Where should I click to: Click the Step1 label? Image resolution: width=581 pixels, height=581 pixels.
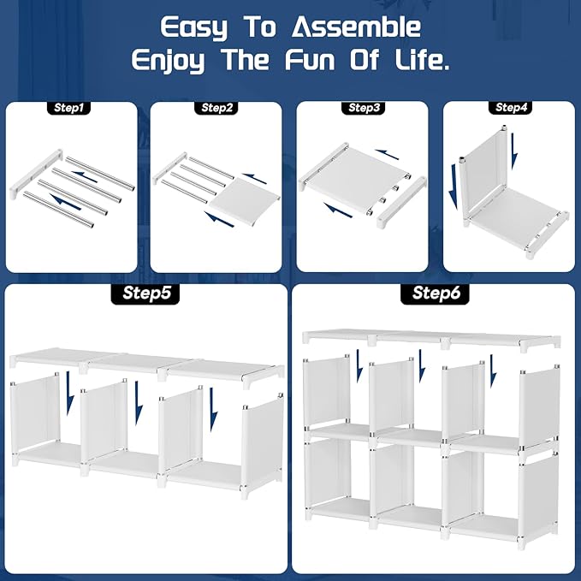click(x=69, y=108)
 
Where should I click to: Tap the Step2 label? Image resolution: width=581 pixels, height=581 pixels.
click(x=216, y=108)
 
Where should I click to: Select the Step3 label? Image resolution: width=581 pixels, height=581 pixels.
click(x=364, y=108)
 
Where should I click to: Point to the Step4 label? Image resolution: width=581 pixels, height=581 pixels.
click(x=511, y=108)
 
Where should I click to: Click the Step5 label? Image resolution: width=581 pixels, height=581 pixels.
click(x=145, y=293)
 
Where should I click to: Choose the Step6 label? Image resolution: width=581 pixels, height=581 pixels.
click(x=435, y=293)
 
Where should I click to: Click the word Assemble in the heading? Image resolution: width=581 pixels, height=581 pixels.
click(x=356, y=27)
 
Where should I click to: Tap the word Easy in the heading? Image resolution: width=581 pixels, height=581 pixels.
click(x=193, y=27)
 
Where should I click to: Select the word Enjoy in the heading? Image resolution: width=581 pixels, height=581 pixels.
click(x=168, y=61)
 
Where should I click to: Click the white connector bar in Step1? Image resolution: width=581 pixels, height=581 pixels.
click(x=36, y=174)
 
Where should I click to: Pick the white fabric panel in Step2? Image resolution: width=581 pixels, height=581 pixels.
click(x=245, y=201)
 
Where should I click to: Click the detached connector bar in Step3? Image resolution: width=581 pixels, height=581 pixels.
click(x=401, y=202)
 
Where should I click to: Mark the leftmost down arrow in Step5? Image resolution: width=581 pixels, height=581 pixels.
click(x=69, y=394)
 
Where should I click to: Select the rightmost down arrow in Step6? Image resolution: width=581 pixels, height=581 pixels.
click(x=493, y=371)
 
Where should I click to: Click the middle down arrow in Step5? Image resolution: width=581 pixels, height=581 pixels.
click(x=139, y=403)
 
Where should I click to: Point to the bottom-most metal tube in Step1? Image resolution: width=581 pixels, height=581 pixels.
click(x=58, y=209)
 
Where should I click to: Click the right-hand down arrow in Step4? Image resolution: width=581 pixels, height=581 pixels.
click(x=514, y=151)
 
